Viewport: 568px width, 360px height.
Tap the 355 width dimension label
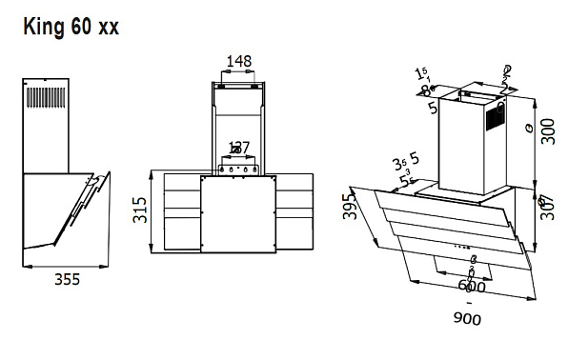(x=65, y=280)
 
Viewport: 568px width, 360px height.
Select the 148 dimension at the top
(x=238, y=62)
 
